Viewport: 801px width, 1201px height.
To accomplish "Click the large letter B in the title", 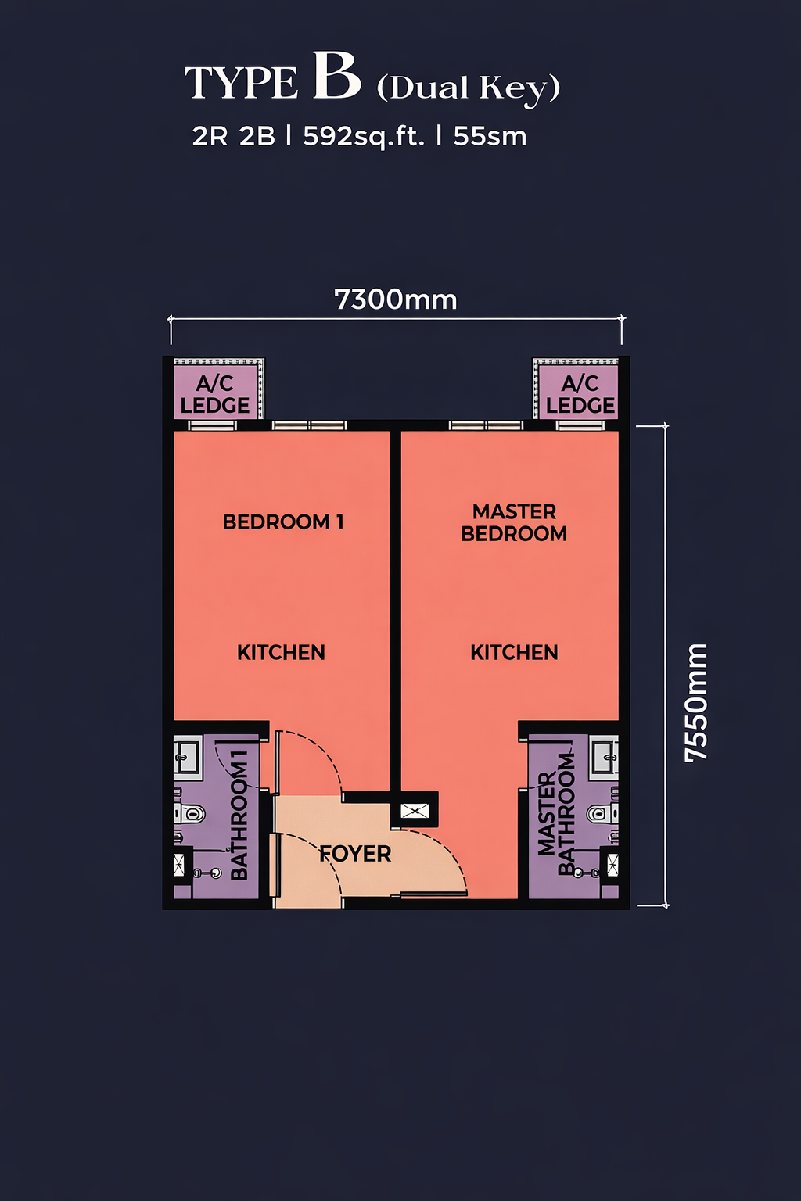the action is click(336, 76).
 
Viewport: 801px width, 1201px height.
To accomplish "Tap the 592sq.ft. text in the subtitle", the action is click(364, 137).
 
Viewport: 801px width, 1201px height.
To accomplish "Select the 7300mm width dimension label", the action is click(395, 299).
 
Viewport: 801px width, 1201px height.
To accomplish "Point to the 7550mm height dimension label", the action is click(696, 702).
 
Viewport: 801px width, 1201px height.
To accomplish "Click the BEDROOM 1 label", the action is click(283, 522).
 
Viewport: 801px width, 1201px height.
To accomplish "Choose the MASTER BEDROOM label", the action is click(514, 523).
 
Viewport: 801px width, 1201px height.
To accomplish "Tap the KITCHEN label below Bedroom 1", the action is click(281, 653).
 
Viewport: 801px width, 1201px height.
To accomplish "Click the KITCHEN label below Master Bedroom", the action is click(514, 653).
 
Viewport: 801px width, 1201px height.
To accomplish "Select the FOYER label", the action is click(355, 854).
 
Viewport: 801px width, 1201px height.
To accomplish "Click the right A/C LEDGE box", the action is click(577, 389).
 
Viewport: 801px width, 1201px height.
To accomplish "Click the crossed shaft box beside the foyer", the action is click(415, 810).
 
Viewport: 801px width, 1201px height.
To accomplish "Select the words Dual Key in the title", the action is click(469, 88).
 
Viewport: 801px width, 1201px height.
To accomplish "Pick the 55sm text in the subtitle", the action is click(490, 137).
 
